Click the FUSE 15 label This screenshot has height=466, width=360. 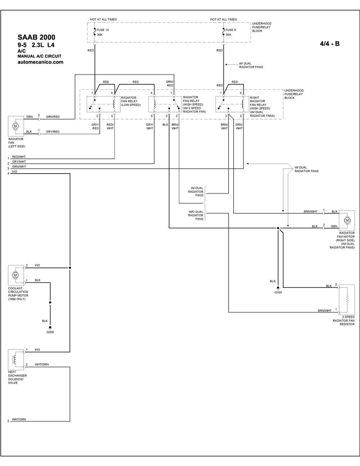[x=103, y=30]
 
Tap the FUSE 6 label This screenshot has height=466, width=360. [x=230, y=30]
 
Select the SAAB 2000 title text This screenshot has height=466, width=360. [x=36, y=37]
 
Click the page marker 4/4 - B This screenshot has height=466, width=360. [x=330, y=44]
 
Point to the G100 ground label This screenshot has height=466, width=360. [x=278, y=292]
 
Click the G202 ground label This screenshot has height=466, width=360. [x=50, y=332]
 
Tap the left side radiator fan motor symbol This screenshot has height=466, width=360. [x=15, y=126]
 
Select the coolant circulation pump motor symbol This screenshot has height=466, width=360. [x=15, y=275]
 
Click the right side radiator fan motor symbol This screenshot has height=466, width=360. [x=347, y=220]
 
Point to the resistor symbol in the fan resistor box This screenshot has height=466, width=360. [x=347, y=299]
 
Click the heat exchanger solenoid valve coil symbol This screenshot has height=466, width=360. [x=15, y=360]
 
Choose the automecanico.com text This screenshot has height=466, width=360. [x=40, y=62]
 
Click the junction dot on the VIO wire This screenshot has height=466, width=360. [x=70, y=268]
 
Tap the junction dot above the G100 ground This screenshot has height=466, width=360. [x=278, y=228]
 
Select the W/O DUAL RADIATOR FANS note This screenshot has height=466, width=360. [x=195, y=215]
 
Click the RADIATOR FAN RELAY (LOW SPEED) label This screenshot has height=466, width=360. [x=131, y=101]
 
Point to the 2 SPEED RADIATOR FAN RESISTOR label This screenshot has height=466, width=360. [x=344, y=321]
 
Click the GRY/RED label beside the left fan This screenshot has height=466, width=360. [x=53, y=132]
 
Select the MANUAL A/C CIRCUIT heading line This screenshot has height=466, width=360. [x=40, y=56]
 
